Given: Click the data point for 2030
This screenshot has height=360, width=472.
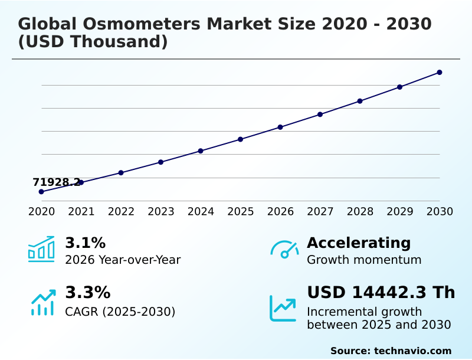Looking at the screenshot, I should click(440, 73).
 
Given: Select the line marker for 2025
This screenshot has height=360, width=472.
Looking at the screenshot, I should click(240, 139).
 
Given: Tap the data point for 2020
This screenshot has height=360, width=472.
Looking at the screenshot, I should click(41, 192).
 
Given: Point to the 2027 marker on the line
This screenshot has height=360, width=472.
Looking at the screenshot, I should click(320, 114).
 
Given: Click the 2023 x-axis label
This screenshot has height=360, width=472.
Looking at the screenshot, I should click(160, 212).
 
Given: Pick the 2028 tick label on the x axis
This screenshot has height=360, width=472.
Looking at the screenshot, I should click(360, 212).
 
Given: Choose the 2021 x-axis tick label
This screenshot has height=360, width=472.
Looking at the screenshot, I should click(81, 212).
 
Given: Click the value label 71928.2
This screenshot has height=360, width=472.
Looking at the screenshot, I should click(56, 182).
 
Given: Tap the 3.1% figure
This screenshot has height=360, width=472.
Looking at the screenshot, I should click(85, 243).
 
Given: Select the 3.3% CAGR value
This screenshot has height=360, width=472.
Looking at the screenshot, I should click(87, 293).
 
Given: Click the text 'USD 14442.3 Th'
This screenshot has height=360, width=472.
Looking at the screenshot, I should click(381, 293).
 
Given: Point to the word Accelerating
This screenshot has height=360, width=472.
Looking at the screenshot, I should click(359, 243).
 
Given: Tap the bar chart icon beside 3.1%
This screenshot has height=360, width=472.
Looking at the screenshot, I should click(41, 249).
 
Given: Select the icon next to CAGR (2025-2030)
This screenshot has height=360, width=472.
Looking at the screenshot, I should click(42, 302).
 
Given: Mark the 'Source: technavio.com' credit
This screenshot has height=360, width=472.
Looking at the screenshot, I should click(391, 351).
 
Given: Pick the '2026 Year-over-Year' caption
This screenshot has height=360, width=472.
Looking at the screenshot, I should click(123, 260).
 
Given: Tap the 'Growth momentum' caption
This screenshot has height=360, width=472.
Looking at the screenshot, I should click(364, 260).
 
